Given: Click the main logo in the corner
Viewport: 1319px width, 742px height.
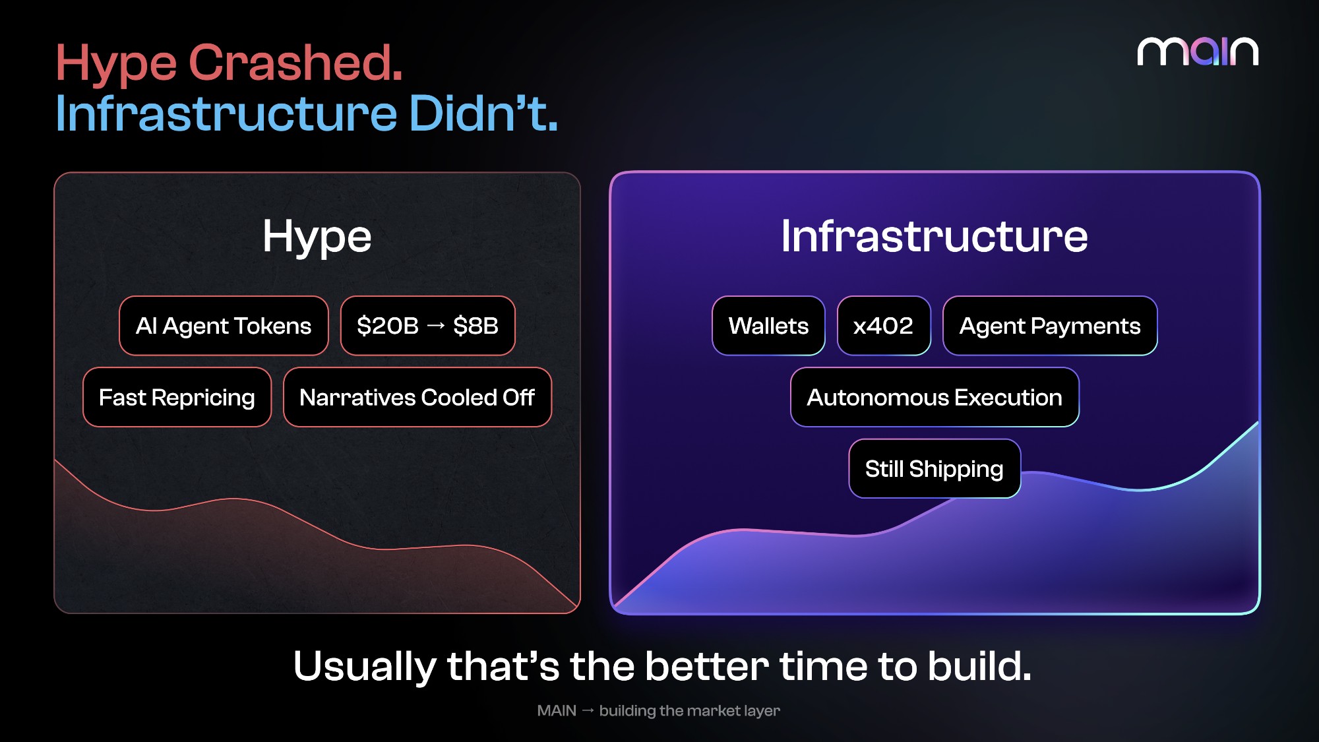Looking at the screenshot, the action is (x=1198, y=51).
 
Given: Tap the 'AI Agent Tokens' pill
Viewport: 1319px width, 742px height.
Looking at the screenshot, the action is (x=224, y=326).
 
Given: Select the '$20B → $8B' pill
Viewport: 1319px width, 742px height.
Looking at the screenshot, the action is (x=427, y=326).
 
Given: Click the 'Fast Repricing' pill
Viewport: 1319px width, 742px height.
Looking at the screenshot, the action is (x=177, y=397).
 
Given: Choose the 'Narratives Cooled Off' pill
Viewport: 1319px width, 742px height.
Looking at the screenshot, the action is (x=417, y=397).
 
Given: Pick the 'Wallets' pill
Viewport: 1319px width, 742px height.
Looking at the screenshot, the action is (x=768, y=326).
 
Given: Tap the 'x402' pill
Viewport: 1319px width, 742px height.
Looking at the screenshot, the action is (x=884, y=326).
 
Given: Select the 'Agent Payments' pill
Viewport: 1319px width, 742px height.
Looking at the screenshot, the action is (x=1050, y=326).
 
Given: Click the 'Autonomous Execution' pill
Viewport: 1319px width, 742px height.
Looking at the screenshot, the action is (x=935, y=397).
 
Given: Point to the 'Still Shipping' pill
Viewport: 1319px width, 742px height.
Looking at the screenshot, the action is (x=935, y=468).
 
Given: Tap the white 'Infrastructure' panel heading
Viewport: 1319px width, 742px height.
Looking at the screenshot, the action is (x=935, y=235).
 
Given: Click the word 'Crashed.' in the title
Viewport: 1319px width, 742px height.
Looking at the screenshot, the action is (x=295, y=63).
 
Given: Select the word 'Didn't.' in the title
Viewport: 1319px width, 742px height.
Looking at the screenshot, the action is (x=483, y=113).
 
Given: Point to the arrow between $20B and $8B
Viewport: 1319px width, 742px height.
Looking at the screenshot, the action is (x=436, y=326).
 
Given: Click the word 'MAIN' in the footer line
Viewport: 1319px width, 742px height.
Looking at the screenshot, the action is (x=557, y=710).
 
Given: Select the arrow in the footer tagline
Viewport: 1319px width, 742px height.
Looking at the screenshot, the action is (x=588, y=710).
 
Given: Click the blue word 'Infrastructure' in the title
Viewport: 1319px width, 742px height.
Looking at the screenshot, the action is (x=226, y=113).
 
